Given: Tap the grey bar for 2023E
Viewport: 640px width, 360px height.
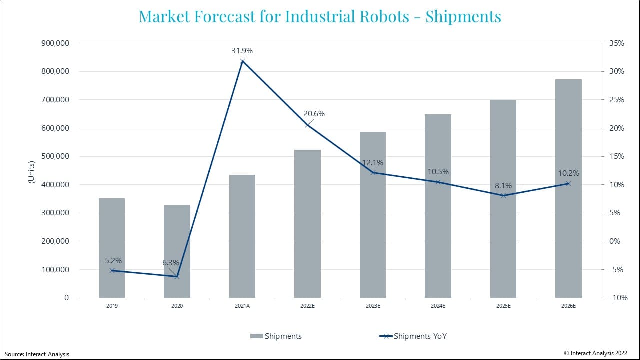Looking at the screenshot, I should pos(373,215).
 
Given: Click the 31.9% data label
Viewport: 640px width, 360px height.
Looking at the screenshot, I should pos(242,51).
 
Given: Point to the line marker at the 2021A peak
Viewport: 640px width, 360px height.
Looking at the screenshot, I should pos(242,61).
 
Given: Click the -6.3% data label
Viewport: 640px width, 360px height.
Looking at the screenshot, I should pos(169,263).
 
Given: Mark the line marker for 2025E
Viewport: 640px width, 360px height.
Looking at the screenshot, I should pos(503,195).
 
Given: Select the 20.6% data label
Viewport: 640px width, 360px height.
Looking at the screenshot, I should pos(314,114).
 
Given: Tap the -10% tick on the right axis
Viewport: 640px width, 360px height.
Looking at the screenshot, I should pos(616,298).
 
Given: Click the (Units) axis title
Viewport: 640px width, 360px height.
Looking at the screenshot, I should pos(31,172).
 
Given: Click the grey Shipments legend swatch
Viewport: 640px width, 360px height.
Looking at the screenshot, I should pos(256,336).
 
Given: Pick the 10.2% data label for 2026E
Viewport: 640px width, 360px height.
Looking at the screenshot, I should pos(569,173).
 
